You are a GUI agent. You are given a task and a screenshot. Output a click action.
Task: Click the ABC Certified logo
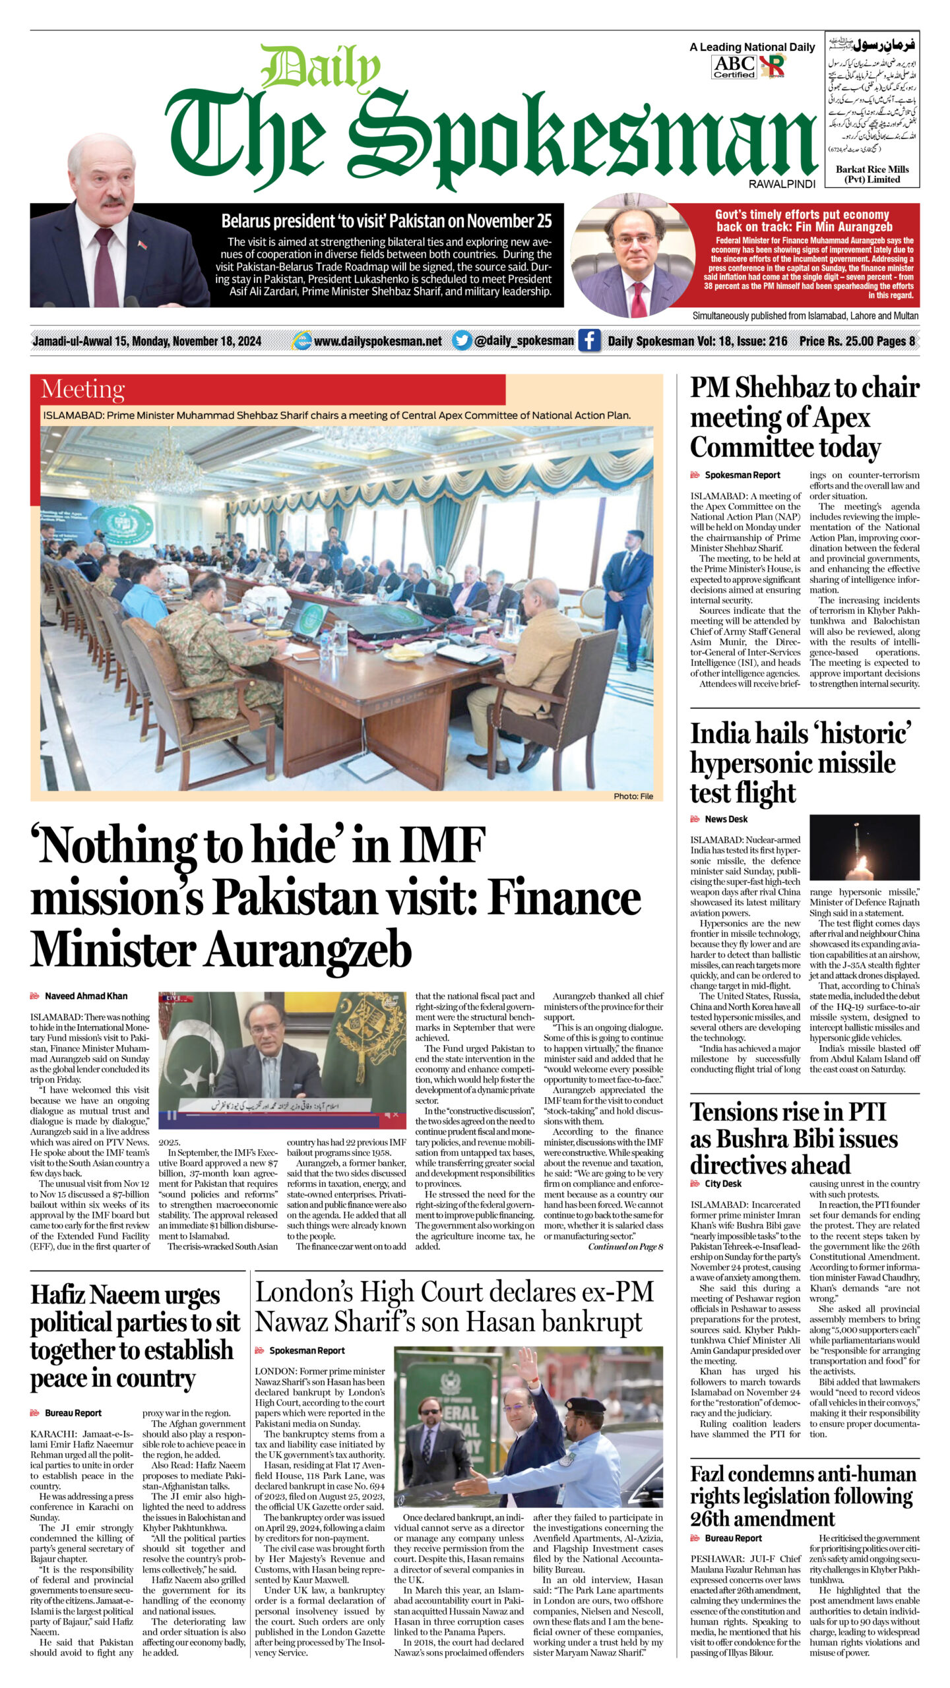(734, 67)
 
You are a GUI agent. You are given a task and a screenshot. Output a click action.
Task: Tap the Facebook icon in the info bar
(589, 341)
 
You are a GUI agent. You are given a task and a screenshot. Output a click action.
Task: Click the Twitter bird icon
(462, 341)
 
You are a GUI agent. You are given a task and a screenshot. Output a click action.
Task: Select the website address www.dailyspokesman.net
(377, 341)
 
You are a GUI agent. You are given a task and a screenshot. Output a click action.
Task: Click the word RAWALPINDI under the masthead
(782, 185)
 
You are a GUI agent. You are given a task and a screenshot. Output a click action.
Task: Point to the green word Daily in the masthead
(322, 68)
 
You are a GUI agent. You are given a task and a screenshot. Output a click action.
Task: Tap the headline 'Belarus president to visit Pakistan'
(386, 221)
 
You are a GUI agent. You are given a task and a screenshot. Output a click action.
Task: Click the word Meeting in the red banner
(82, 389)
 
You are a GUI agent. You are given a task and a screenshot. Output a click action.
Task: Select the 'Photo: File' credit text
(633, 796)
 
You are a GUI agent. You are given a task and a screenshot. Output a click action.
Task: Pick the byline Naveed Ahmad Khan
(86, 996)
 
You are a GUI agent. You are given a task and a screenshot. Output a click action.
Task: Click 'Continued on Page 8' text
(625, 1246)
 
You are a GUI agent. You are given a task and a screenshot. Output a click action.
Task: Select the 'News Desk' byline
(726, 819)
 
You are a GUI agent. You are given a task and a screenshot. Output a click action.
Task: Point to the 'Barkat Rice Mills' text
(872, 174)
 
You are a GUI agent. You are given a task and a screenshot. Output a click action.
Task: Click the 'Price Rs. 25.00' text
(837, 341)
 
